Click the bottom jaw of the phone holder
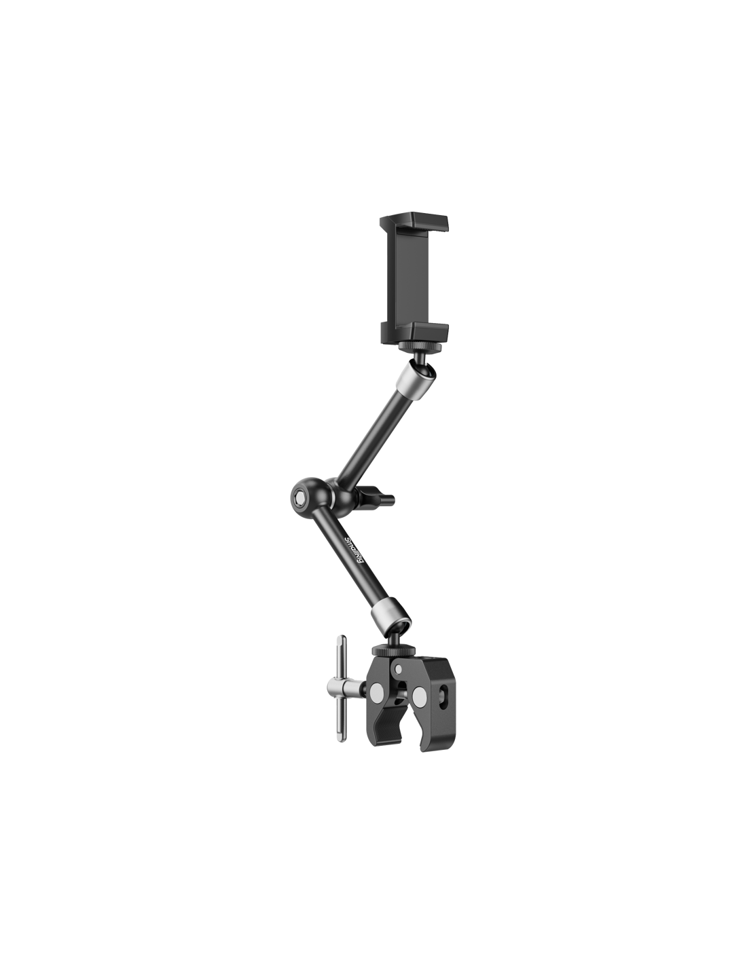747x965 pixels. coord(414,331)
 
